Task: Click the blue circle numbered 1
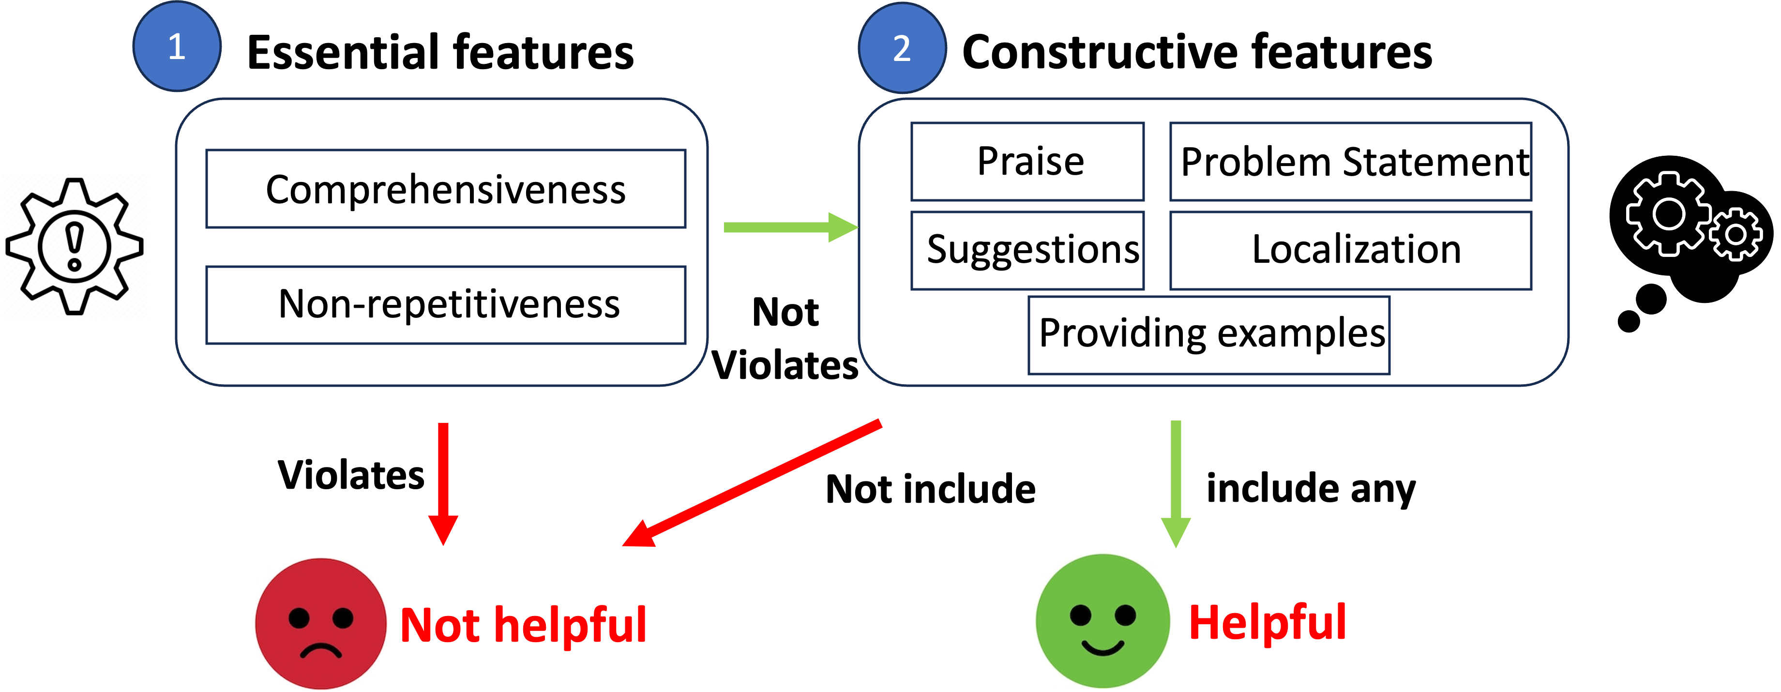click(x=177, y=46)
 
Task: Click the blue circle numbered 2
click(x=902, y=48)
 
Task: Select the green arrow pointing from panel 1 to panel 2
click(x=788, y=227)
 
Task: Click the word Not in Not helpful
click(x=440, y=626)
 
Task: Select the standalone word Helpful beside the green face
click(x=1268, y=622)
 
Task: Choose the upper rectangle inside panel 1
click(x=446, y=188)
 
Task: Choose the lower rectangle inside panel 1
click(x=446, y=305)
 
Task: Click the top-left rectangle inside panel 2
click(x=1027, y=162)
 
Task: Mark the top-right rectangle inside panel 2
click(x=1350, y=162)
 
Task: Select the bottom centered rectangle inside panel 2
click(x=1208, y=335)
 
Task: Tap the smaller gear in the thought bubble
click(x=1736, y=234)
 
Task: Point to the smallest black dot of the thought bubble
click(x=1629, y=321)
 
